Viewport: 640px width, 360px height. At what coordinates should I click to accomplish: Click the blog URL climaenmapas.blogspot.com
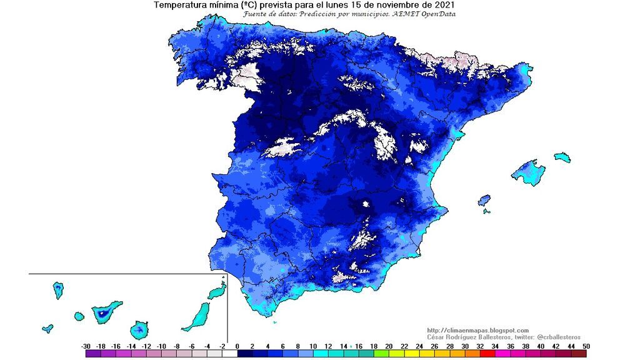[478, 330]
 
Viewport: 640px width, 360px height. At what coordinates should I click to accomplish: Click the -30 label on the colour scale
[86, 346]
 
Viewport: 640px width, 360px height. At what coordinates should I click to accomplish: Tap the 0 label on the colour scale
[237, 346]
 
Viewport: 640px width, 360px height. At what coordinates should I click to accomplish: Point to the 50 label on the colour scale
[585, 346]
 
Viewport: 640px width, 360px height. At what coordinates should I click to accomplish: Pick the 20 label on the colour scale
[389, 346]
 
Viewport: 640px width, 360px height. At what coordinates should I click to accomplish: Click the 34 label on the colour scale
[494, 346]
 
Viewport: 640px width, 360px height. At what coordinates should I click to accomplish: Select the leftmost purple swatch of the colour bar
[93, 354]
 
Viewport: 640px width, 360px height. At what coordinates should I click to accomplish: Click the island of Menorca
[562, 156]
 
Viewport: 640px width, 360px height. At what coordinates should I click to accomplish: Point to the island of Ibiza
[484, 201]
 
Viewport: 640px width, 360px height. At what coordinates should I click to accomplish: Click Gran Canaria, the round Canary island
[139, 329]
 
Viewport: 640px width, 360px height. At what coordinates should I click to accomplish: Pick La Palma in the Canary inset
[58, 289]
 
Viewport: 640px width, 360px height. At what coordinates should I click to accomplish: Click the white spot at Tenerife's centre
[101, 311]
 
